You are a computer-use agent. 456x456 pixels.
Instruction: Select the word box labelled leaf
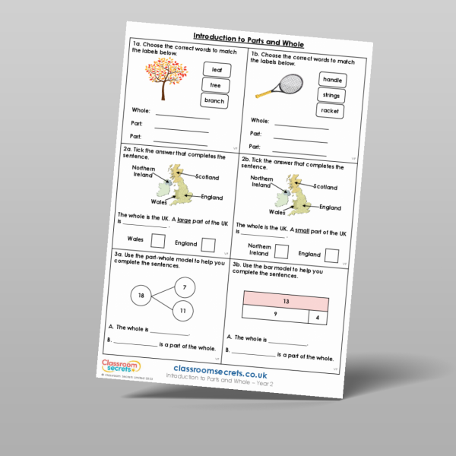(216, 70)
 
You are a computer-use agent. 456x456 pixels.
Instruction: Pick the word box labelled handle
(333, 80)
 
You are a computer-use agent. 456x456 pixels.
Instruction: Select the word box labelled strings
(331, 95)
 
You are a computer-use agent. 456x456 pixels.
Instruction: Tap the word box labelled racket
(330, 111)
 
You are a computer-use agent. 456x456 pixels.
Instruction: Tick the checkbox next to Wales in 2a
(158, 241)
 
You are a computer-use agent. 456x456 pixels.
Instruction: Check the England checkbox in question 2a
(208, 244)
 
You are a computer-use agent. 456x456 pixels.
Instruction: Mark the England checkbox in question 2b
(332, 255)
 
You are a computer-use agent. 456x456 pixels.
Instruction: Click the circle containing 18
(141, 294)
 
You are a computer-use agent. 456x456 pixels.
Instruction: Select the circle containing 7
(184, 287)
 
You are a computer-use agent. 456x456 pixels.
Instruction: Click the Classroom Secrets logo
(115, 368)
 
